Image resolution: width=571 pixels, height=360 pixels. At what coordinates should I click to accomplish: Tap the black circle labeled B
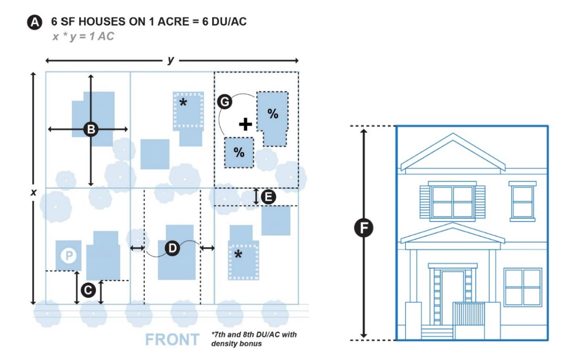(x=91, y=130)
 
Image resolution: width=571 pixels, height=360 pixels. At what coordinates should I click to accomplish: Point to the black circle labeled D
(x=172, y=248)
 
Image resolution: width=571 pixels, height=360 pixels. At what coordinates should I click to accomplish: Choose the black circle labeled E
(x=268, y=197)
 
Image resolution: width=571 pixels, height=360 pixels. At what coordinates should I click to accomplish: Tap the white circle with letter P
(x=69, y=255)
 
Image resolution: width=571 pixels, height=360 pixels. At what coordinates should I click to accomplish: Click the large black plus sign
(x=246, y=124)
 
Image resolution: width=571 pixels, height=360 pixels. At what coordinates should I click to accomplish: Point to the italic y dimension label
(x=171, y=60)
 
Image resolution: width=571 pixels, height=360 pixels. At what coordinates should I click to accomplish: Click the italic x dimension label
(x=33, y=192)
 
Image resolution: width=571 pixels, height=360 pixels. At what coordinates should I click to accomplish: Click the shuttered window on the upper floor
(x=452, y=202)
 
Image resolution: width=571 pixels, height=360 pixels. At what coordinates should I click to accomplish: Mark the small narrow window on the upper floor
(x=523, y=201)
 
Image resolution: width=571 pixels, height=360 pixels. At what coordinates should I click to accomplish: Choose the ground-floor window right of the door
(x=522, y=287)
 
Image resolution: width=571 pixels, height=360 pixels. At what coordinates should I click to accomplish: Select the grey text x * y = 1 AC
(x=83, y=36)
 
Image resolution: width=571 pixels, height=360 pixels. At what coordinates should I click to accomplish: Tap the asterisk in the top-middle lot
(x=183, y=102)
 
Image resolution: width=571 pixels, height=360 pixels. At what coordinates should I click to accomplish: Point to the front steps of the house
(x=437, y=332)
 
